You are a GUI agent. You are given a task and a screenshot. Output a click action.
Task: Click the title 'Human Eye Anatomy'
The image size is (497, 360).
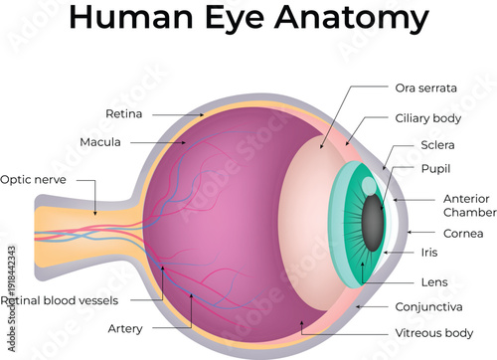coord(249,20)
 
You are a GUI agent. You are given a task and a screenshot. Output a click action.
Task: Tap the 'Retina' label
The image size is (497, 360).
coord(124,113)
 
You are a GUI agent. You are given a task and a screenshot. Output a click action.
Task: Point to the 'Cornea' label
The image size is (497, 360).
coord(464,233)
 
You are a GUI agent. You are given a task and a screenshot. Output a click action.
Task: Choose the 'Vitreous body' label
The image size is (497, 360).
coord(432,333)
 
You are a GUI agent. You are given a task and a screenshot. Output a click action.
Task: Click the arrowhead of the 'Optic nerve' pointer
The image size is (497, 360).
coord(95,212)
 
